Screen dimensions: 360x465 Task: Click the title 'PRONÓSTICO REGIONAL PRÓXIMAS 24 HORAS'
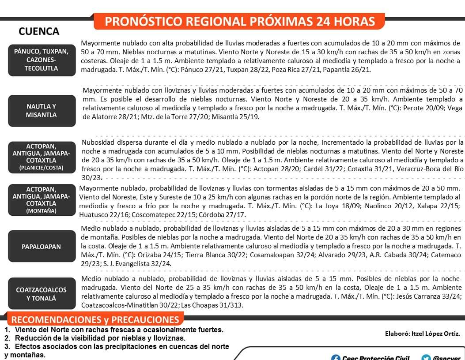[240, 21]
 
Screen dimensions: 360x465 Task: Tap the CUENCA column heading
[39, 32]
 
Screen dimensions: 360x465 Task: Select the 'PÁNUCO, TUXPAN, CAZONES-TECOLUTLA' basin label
[41, 60]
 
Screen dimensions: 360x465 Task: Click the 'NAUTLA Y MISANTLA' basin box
[41, 110]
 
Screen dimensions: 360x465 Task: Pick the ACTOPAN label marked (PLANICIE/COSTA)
[41, 157]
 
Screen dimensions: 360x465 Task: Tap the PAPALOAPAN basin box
[41, 247]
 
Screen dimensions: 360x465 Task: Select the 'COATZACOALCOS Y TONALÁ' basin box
[41, 294]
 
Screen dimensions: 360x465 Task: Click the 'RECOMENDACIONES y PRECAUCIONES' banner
[95, 320]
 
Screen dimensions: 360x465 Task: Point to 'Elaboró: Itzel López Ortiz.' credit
[422, 334]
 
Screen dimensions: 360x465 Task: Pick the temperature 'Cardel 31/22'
[340, 169]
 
